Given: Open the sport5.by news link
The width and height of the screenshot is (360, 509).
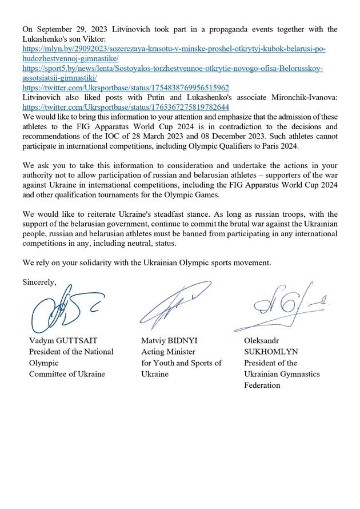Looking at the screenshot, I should tap(172, 69).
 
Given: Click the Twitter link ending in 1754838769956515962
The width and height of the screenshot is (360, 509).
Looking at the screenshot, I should tap(126, 88).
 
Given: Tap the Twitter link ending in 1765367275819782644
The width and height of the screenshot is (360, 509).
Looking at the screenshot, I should tap(126, 107).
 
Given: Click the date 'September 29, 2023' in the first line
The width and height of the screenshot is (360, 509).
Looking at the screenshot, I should tap(65, 29).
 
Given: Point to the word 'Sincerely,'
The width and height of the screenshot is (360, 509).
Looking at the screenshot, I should tap(39, 282).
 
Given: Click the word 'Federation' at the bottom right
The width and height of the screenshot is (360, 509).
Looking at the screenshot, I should tap(262, 385).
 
